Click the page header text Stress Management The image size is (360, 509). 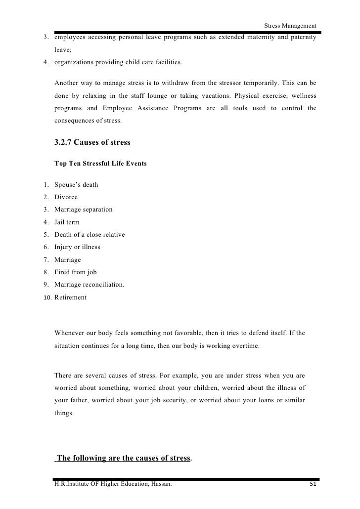click(290, 26)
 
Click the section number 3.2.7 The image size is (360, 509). click(63, 143)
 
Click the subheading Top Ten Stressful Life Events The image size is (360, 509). click(100, 163)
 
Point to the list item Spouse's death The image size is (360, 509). click(76, 185)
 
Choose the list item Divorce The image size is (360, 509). click(66, 197)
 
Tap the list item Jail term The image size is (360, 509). click(67, 222)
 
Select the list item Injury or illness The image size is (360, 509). click(77, 247)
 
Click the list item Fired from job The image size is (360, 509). click(75, 272)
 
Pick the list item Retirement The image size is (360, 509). click(70, 297)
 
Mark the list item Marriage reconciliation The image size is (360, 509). click(83, 285)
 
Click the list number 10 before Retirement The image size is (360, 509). click(47, 297)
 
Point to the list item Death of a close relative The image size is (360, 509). click(90, 235)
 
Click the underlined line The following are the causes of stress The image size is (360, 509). click(124, 458)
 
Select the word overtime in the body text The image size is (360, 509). click(243, 346)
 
